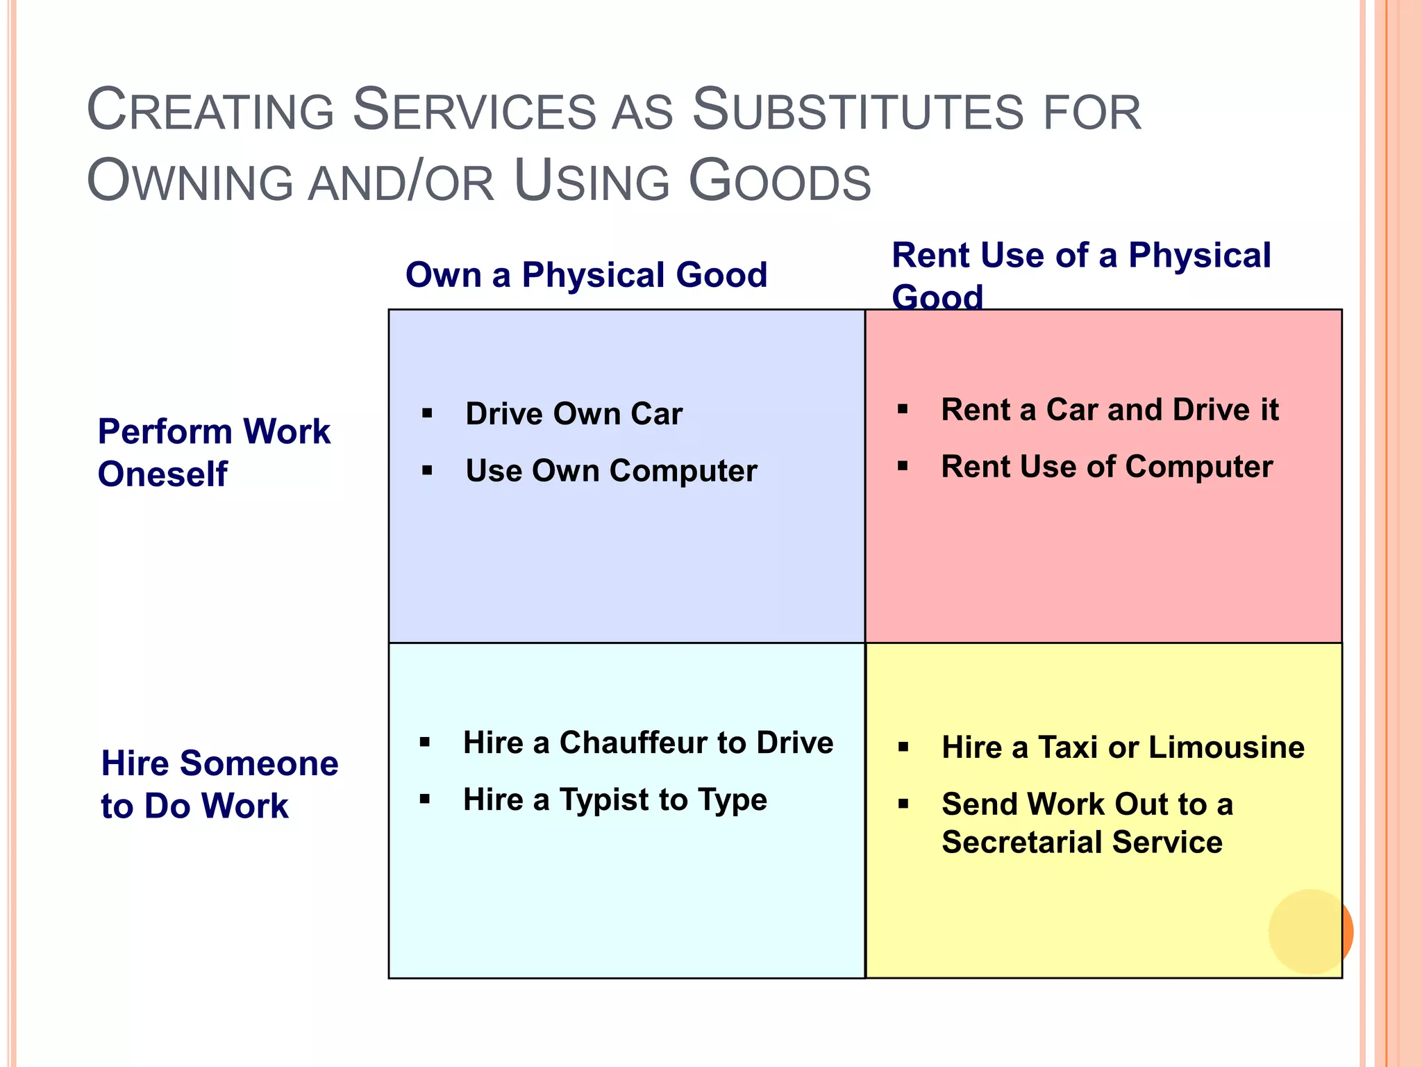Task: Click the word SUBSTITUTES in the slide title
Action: (x=858, y=111)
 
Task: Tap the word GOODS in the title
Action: (x=779, y=182)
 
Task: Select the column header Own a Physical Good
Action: (x=586, y=275)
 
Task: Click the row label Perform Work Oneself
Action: (x=214, y=453)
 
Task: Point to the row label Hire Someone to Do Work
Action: (x=219, y=784)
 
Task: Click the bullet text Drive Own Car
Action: (x=574, y=414)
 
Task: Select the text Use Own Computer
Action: (x=611, y=471)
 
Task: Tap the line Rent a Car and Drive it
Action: (x=1110, y=410)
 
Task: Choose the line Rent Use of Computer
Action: (x=1107, y=467)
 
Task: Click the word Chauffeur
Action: (x=652, y=743)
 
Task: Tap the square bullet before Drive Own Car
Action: (x=427, y=414)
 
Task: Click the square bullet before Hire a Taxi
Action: (x=903, y=747)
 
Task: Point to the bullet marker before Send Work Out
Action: (x=903, y=804)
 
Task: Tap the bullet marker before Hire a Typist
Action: (x=425, y=800)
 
